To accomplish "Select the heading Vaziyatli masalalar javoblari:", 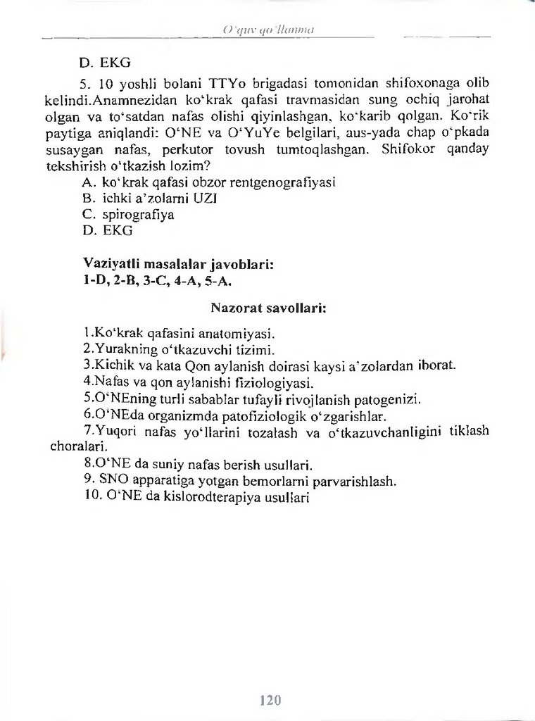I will tap(178, 265).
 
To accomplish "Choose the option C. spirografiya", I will tap(128, 214).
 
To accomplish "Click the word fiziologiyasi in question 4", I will tap(270, 384).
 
